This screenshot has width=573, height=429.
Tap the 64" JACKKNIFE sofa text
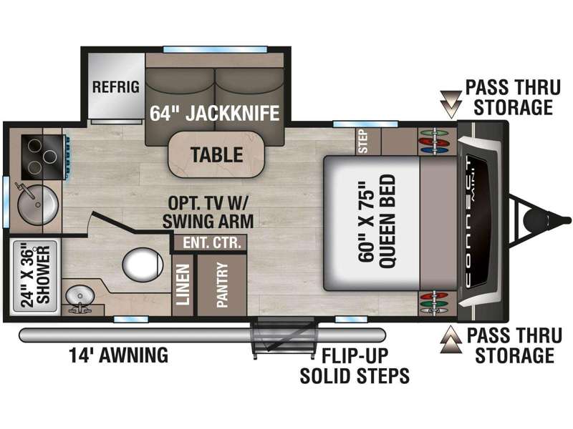pos(213,113)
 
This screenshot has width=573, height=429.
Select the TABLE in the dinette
pos(216,154)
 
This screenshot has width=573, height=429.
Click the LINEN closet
pos(183,285)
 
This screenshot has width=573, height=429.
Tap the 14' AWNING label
pos(119,355)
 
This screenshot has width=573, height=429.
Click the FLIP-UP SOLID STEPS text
pos(355,365)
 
